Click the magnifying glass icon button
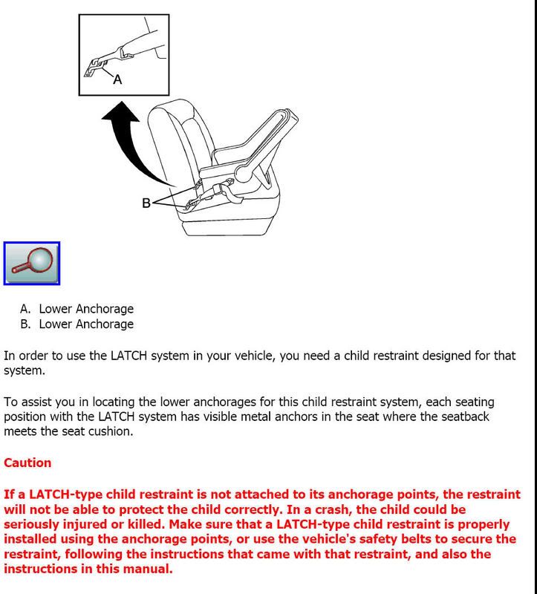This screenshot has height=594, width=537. (32, 263)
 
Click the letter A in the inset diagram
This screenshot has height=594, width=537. (117, 79)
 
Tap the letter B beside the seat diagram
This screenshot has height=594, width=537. (146, 202)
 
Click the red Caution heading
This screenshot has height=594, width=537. (27, 463)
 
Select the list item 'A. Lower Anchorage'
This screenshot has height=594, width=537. (77, 309)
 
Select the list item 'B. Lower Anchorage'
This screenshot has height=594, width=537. (77, 324)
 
